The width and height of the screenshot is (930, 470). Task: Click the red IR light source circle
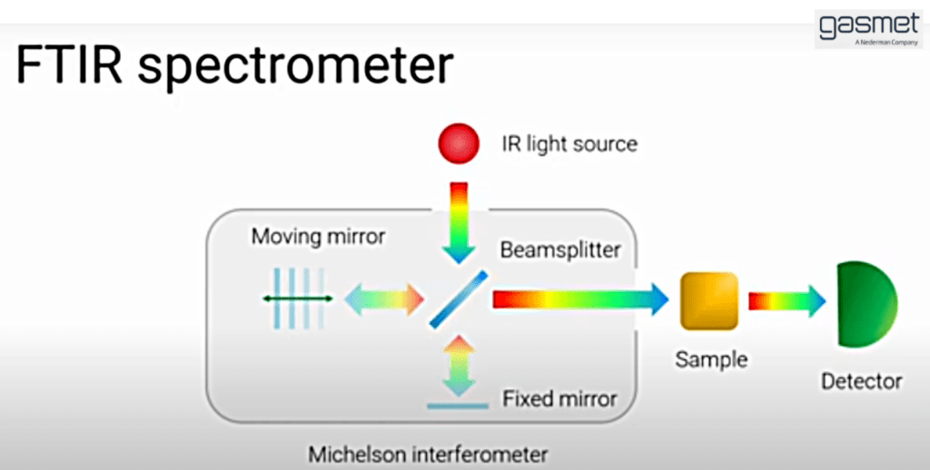click(459, 143)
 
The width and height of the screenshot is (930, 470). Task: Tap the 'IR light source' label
click(569, 144)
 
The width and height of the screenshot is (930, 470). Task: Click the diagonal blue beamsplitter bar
click(459, 299)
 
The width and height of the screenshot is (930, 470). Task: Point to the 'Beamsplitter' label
click(559, 250)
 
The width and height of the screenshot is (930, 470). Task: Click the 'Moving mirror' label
click(318, 237)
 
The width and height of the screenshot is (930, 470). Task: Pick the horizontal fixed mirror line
click(459, 406)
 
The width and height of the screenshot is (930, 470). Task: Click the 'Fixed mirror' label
click(559, 398)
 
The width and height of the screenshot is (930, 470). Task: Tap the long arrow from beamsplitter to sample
click(580, 299)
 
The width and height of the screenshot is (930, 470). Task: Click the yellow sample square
click(710, 300)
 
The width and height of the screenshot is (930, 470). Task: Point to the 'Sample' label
click(711, 359)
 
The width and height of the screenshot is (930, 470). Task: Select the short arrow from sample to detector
click(787, 300)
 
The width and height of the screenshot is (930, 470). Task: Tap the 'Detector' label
click(861, 381)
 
